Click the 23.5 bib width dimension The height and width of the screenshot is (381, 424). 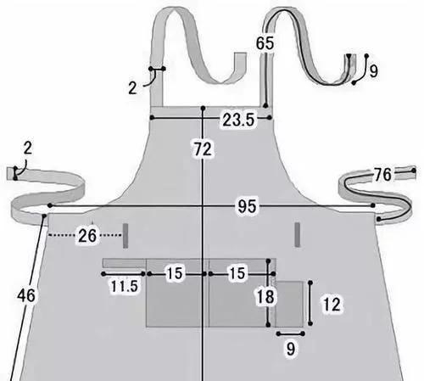coord(238,120)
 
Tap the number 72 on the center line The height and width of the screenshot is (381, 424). coord(203,149)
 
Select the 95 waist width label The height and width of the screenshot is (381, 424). coord(247,206)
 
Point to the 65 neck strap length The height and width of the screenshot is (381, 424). coord(265,43)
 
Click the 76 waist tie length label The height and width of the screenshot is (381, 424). coord(382,174)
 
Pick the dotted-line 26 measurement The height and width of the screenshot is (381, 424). coord(87,236)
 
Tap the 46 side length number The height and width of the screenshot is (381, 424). coord(26,295)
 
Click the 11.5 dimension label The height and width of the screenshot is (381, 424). coord(124,286)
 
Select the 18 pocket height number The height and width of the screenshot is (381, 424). coord(265,297)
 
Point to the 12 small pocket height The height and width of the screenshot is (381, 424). coord(332,305)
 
